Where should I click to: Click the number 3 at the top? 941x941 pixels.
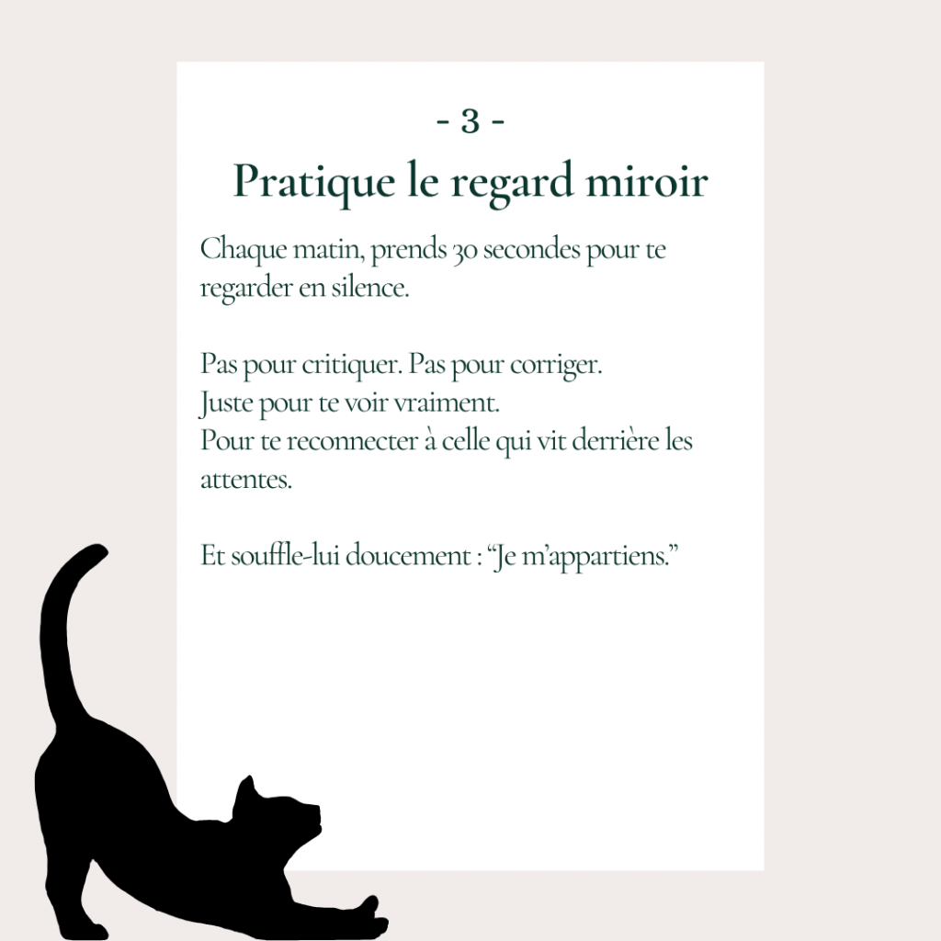(470, 121)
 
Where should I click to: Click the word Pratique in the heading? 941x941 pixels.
(314, 182)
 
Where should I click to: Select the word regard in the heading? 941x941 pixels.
(512, 182)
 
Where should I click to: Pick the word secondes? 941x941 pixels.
(532, 250)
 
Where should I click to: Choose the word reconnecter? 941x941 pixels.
(352, 441)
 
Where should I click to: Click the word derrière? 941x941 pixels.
(616, 440)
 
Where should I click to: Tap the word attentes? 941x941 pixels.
(246, 480)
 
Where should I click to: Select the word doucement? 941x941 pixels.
(408, 556)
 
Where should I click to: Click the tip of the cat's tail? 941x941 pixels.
(99, 550)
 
